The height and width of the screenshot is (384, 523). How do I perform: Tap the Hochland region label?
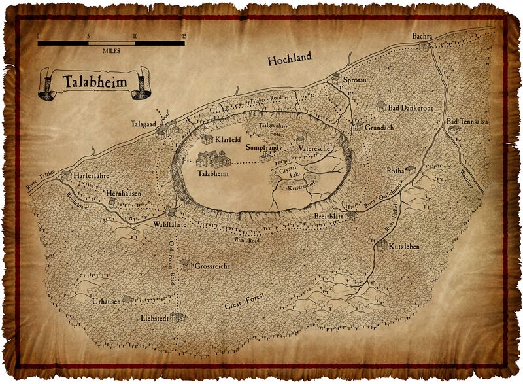click(290, 60)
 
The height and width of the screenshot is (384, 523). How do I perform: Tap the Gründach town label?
click(379, 128)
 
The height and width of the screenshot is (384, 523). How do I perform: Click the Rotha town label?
click(396, 171)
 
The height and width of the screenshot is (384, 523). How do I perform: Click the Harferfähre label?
click(93, 175)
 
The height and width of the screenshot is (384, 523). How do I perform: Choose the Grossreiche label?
click(212, 266)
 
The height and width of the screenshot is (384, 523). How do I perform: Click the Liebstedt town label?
click(154, 319)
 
